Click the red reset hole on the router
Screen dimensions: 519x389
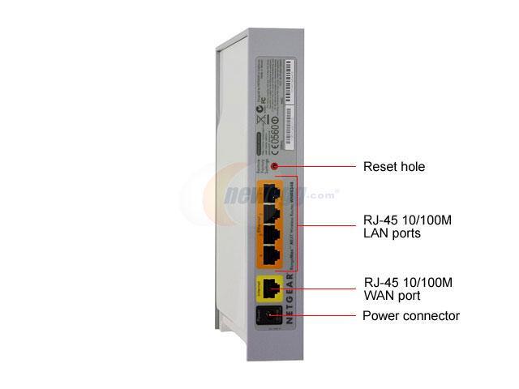[x=274, y=166]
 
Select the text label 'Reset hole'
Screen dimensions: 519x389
[x=392, y=167]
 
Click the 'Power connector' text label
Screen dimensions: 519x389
[x=411, y=316]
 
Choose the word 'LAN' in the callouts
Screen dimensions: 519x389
[x=375, y=233]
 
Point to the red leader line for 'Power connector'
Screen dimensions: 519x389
[x=316, y=316]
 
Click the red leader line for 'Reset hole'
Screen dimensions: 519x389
[x=316, y=166]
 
